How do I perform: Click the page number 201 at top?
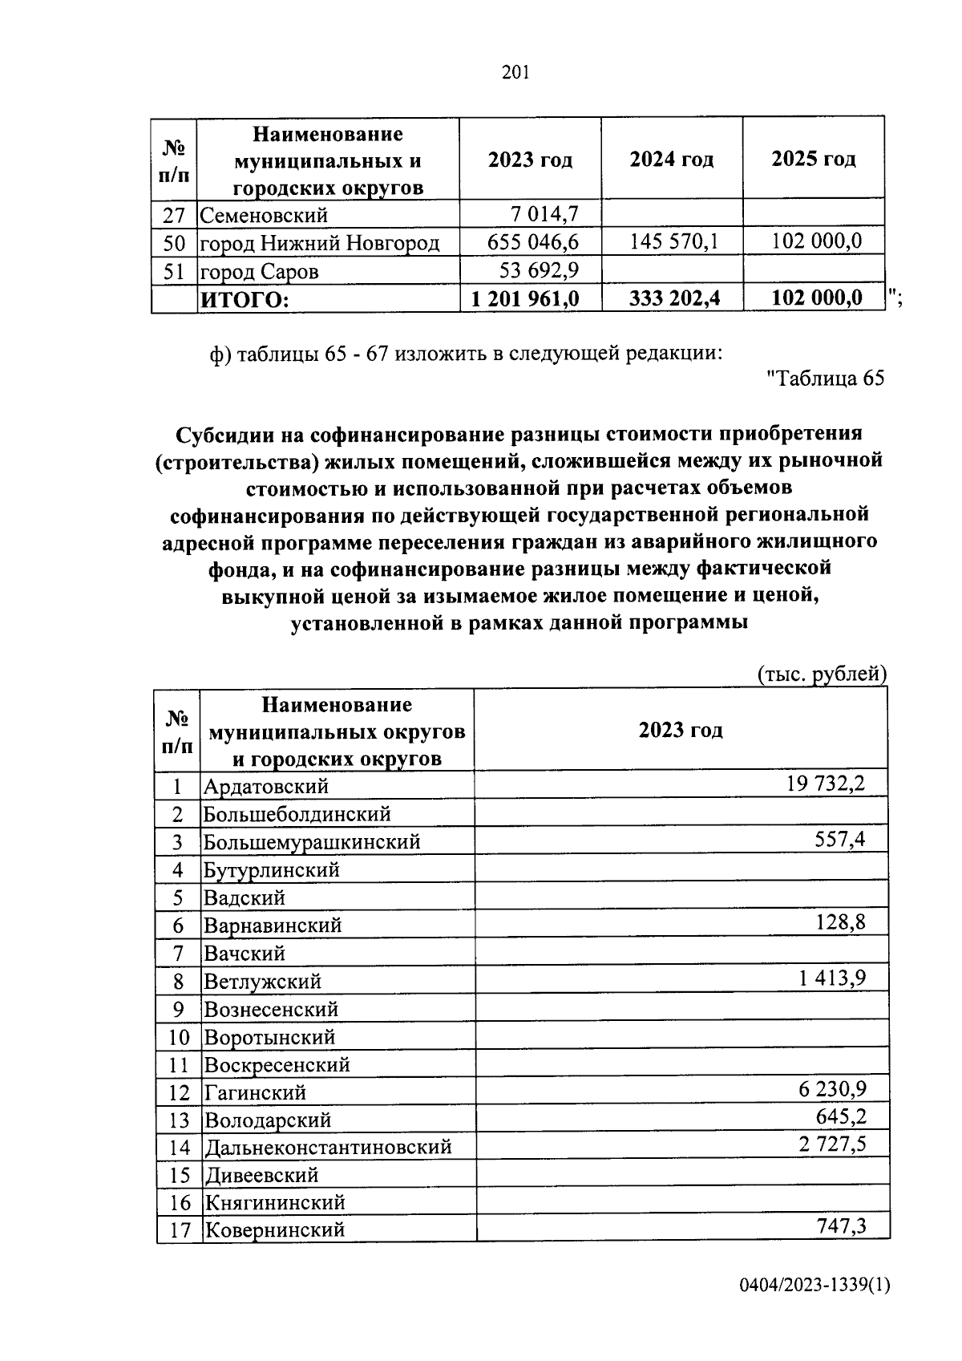[515, 73]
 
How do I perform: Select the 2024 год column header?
[671, 160]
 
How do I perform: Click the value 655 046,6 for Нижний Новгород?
[533, 242]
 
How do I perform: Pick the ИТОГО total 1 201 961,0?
[525, 298]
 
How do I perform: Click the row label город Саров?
[259, 272]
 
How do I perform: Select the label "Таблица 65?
[825, 379]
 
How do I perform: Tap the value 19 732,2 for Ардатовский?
[826, 783]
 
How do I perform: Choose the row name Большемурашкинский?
[312, 842]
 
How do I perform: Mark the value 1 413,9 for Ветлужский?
[831, 978]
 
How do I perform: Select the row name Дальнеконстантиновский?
[327, 1148]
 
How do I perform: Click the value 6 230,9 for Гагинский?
[831, 1088]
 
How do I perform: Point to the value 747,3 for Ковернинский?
[839, 1225]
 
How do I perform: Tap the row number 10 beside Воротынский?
[179, 1038]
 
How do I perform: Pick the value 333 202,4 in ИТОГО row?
[674, 298]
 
